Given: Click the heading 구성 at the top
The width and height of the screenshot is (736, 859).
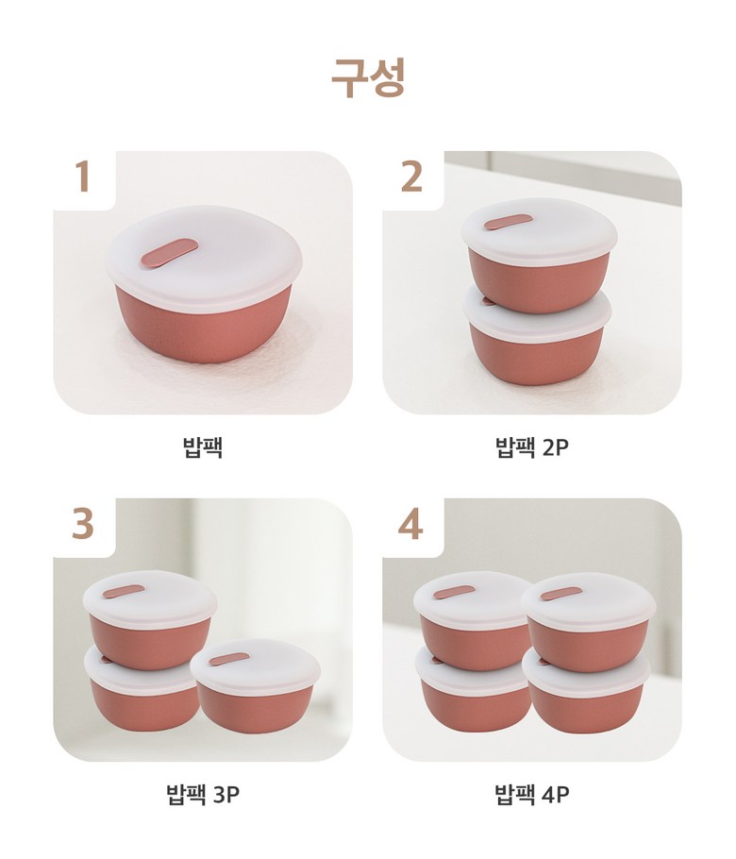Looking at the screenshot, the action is pos(368,78).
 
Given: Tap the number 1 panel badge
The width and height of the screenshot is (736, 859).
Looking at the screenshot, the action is pos(83,176).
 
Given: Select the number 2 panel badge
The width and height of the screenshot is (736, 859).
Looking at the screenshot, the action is pos(411,176).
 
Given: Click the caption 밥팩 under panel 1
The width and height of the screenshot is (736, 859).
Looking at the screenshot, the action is pos(203,447).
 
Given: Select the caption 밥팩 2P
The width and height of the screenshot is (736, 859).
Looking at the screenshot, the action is pos(532,447).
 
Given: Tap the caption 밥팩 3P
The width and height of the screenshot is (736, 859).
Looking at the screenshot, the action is pos(203,794).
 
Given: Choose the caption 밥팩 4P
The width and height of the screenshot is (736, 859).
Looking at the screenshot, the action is pos(532,794).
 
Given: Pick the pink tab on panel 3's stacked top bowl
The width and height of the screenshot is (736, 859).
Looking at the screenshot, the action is pos(124,594).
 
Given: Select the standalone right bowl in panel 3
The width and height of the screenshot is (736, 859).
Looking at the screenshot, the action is pos(255,685).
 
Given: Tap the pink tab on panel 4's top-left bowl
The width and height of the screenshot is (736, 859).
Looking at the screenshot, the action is pos(454,592).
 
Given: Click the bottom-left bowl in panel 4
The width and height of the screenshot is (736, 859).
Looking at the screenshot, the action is pos(472,690).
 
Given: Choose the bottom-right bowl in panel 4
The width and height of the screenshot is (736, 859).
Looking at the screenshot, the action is pos(586,692).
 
